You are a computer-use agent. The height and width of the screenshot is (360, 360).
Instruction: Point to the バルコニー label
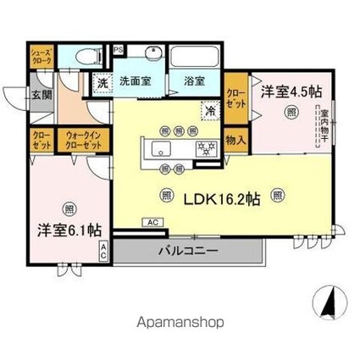coord(189,252)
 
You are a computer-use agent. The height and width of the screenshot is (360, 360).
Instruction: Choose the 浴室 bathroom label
coord(194,82)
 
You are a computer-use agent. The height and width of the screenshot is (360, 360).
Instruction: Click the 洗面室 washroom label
coord(136,82)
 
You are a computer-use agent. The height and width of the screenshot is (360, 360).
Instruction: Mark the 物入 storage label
coord(235,140)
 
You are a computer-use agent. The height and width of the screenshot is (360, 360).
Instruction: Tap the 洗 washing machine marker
coord(102,83)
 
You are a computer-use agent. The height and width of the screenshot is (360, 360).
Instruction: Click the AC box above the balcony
coord(152,223)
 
